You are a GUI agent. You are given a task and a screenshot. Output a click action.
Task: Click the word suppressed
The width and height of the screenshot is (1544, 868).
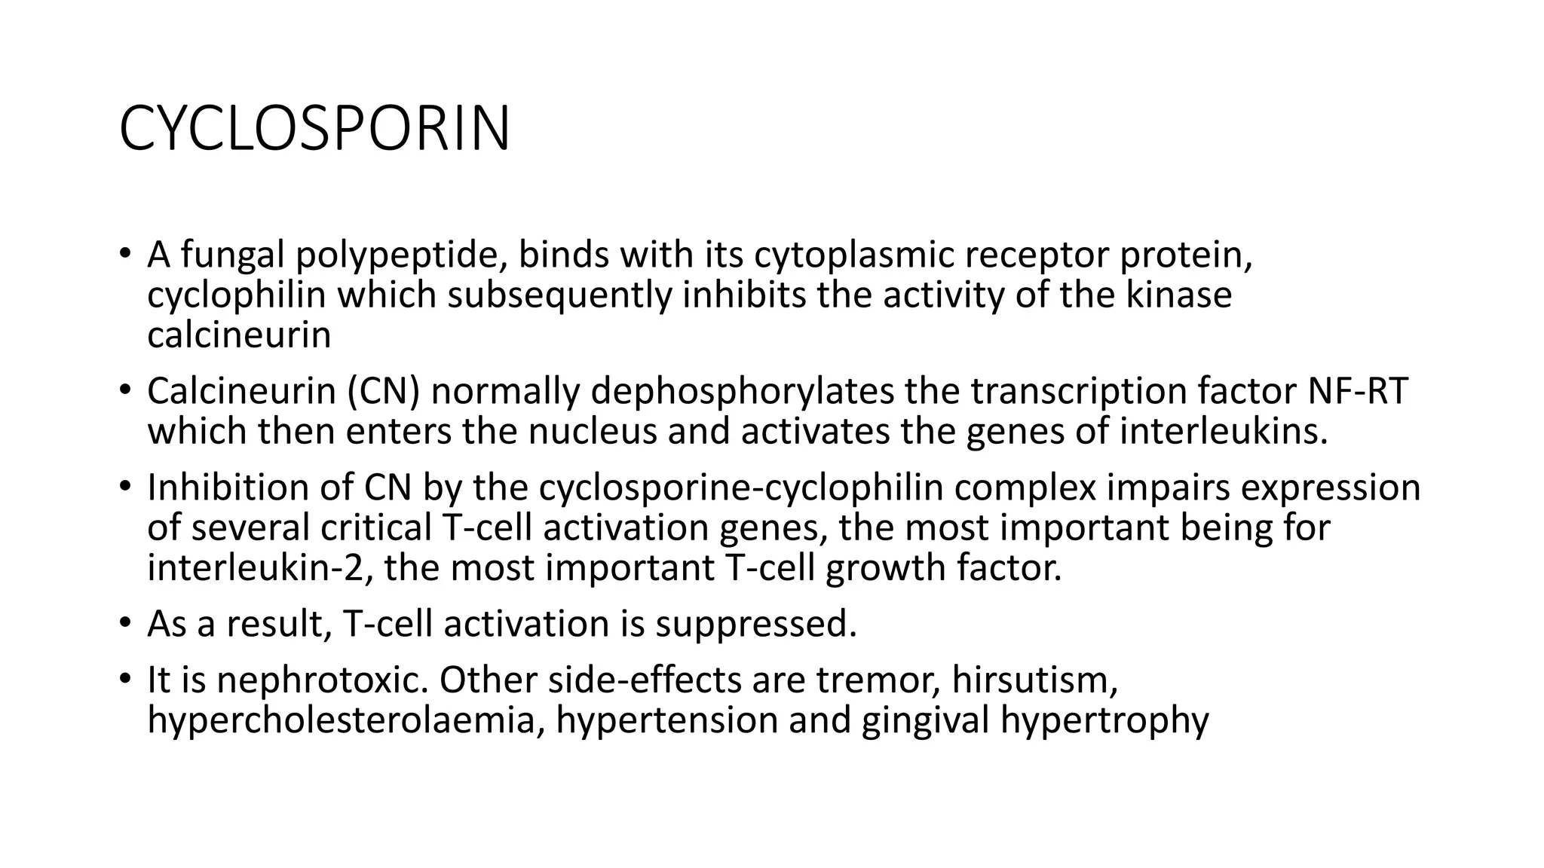tap(756, 625)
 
